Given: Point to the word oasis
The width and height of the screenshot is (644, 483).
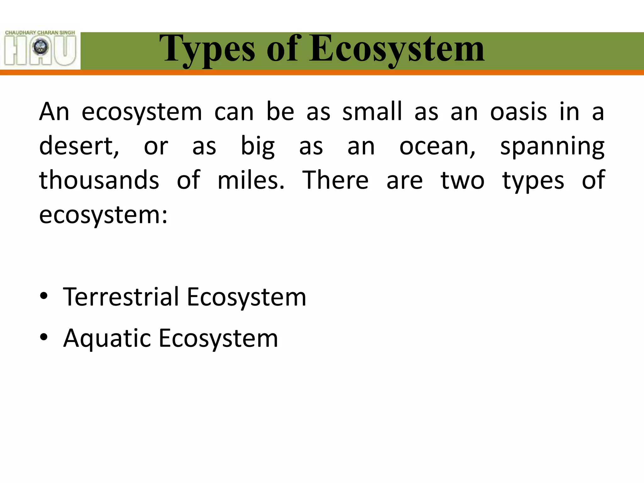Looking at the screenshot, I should tap(519, 112).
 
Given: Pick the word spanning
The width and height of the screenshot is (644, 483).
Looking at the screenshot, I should tap(552, 147).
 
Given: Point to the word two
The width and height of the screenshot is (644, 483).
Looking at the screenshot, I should tap(462, 180).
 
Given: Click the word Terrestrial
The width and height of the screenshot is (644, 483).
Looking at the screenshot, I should tap(121, 297).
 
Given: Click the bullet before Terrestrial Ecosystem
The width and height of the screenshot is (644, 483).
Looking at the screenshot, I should tap(44, 296).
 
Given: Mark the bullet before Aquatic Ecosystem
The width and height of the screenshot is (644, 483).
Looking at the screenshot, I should tap(44, 337).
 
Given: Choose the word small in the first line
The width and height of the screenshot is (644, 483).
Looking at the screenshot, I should tap(372, 112).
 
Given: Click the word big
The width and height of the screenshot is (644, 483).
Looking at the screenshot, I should tap(258, 147).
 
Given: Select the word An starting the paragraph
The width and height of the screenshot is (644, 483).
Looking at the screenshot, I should tap(54, 112).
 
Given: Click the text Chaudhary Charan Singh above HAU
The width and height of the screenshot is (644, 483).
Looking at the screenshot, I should tap(40, 33).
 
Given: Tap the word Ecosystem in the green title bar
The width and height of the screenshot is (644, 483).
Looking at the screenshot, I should tap(397, 50).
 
